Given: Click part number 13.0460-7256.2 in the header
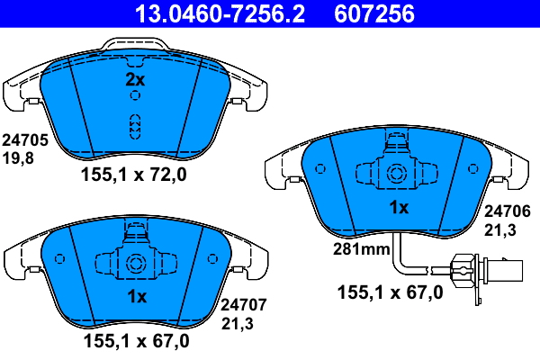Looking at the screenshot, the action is tap(220, 13).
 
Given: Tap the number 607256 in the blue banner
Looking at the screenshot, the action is tap(374, 13).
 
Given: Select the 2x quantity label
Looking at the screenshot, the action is tap(135, 79).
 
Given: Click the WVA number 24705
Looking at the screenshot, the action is tap(25, 140).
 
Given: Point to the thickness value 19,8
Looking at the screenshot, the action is tap(18, 158).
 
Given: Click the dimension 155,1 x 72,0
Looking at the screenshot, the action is tap(133, 175).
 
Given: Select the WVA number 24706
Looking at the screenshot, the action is tap(508, 211).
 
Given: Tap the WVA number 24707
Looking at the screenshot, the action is tap(244, 305).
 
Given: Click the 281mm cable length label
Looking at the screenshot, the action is tap(362, 248).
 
